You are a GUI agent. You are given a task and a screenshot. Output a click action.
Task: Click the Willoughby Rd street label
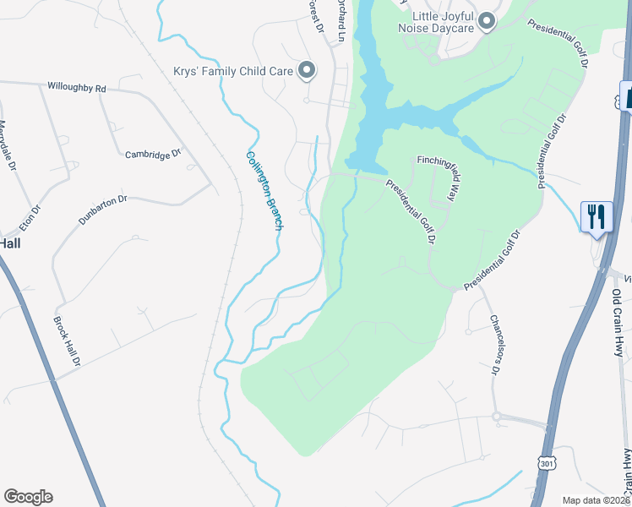coord(77,88)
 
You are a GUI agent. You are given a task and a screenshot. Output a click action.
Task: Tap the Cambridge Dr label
coord(153,155)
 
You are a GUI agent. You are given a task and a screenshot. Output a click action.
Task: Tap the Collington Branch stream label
coord(264,190)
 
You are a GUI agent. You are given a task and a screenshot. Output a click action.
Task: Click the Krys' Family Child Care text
coord(232,72)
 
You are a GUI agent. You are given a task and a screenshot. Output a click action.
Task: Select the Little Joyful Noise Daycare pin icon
coord(486,22)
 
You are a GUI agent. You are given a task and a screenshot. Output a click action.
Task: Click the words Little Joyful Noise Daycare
coord(441,22)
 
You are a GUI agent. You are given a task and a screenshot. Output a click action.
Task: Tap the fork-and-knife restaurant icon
coord(597,216)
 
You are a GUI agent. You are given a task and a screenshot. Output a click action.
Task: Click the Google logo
coord(28,497)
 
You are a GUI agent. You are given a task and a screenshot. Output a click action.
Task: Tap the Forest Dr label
coord(316,15)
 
